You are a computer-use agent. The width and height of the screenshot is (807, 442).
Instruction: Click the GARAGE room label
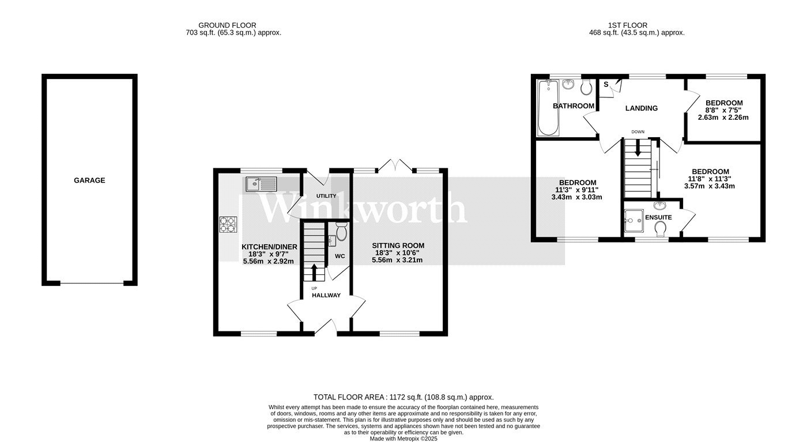click(89, 180)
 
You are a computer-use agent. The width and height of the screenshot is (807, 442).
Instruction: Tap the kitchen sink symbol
click(262, 184)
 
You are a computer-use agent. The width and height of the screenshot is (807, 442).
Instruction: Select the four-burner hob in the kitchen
click(228, 224)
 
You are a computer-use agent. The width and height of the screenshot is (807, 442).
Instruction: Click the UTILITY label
click(326, 196)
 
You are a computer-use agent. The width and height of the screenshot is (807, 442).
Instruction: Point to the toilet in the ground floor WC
click(341, 231)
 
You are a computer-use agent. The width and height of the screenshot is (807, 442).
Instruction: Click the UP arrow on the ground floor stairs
click(314, 273)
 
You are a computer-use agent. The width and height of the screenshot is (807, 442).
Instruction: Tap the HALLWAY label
click(326, 296)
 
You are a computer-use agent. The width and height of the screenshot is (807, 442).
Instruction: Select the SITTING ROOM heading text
click(398, 245)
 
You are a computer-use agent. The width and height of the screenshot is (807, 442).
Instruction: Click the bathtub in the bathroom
click(548, 108)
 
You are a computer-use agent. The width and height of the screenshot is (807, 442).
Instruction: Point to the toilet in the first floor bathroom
click(586, 87)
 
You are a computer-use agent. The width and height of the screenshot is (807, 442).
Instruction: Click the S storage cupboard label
click(606, 84)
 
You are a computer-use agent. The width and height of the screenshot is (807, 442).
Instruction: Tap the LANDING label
click(641, 108)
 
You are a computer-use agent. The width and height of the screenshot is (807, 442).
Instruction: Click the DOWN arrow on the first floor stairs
click(638, 148)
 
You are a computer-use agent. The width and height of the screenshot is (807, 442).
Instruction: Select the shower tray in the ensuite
click(633, 221)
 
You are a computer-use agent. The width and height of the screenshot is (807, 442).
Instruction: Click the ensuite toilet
click(661, 229)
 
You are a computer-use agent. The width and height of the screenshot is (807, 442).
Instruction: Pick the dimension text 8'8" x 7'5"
click(724, 110)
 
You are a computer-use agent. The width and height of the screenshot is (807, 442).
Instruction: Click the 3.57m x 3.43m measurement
click(710, 186)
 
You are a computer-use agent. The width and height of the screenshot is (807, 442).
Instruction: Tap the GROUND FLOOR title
click(227, 25)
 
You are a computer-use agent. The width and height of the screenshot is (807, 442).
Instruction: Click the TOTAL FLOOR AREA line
click(403, 397)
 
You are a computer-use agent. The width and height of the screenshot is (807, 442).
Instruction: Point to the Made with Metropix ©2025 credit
click(403, 439)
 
